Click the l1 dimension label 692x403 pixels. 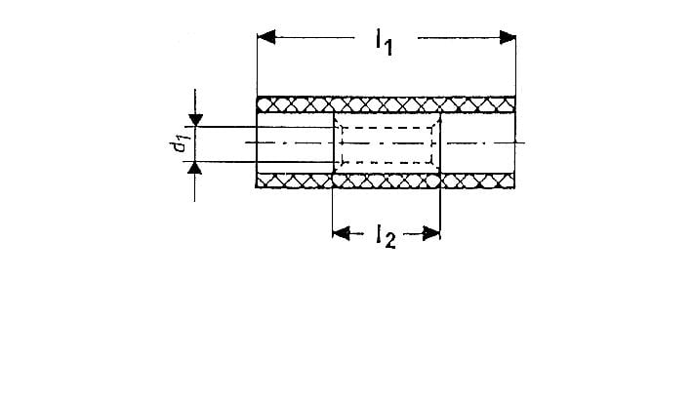pos(383,43)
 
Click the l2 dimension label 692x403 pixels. pos(384,235)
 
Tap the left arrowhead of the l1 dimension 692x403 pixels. pos(266,37)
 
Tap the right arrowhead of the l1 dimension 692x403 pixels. pos(506,37)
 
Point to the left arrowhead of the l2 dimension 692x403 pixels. pos(341,232)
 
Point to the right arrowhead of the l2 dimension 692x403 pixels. pos(432,232)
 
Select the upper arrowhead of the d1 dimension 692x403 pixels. pos(196,120)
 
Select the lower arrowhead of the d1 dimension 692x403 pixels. pos(196,168)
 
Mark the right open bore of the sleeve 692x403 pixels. pos(477,142)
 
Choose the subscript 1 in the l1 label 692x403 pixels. pos(388,49)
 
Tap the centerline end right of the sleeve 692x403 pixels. pos(522,143)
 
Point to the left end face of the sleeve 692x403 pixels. pos(257,142)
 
